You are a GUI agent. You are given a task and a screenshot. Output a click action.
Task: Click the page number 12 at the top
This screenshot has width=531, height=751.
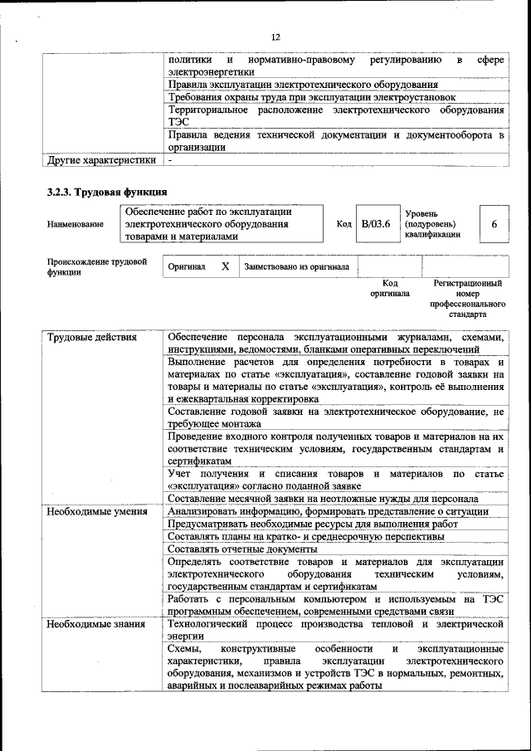pyautogui.click(x=275, y=37)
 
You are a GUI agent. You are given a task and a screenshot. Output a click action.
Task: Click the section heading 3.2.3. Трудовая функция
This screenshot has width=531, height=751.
pyautogui.click(x=107, y=192)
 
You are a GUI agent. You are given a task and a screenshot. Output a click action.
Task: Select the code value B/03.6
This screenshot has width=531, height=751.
pyautogui.click(x=375, y=224)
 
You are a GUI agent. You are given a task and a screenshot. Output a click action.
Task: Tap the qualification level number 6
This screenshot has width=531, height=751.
pyautogui.click(x=494, y=224)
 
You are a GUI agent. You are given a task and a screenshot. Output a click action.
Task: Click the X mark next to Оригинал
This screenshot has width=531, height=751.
pyautogui.click(x=225, y=267)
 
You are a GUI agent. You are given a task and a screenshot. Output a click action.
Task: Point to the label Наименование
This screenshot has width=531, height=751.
pyautogui.click(x=76, y=224)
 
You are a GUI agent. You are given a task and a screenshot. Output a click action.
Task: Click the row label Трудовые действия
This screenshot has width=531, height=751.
pyautogui.click(x=91, y=338)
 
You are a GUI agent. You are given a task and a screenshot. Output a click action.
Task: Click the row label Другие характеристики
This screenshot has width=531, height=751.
pyautogui.click(x=101, y=159)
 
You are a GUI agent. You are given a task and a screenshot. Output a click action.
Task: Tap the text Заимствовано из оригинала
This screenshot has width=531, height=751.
pyautogui.click(x=296, y=267)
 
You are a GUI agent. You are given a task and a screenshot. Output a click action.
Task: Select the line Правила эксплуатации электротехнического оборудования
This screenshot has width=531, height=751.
pyautogui.click(x=303, y=85)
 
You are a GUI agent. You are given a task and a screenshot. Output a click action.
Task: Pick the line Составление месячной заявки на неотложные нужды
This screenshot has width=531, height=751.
pyautogui.click(x=322, y=499)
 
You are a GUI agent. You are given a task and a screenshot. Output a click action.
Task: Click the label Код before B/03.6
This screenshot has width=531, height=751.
pyautogui.click(x=343, y=224)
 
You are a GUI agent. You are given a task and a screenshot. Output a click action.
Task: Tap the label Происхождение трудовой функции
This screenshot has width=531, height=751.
pyautogui.click(x=91, y=266)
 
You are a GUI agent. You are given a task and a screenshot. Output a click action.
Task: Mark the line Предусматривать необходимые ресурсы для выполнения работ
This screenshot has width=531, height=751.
pyautogui.click(x=312, y=524)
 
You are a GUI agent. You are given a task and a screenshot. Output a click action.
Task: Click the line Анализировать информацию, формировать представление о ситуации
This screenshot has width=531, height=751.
pyautogui.click(x=328, y=512)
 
